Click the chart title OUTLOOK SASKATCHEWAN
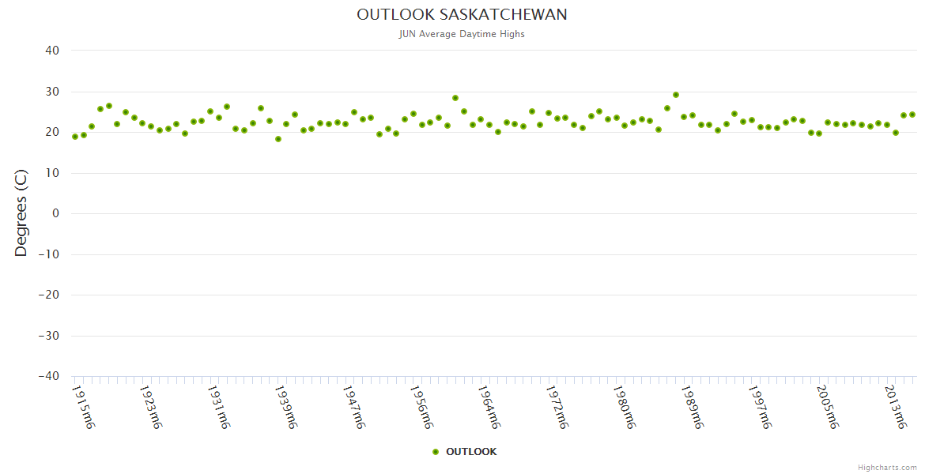pyautogui.click(x=462, y=15)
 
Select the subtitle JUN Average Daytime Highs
pyautogui.click(x=462, y=34)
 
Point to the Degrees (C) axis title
pyautogui.click(x=21, y=213)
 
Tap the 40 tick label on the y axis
pyautogui.click(x=52, y=51)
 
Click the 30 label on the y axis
pyautogui.click(x=52, y=92)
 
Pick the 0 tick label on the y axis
pyautogui.click(x=56, y=213)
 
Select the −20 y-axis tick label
pyautogui.click(x=48, y=295)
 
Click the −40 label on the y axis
pyautogui.click(x=48, y=376)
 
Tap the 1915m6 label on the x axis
pyautogui.click(x=84, y=406)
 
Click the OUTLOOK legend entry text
pyautogui.click(x=471, y=452)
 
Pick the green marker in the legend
pyautogui.click(x=436, y=452)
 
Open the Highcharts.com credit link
pyautogui.click(x=887, y=467)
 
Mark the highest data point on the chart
pyautogui.click(x=676, y=95)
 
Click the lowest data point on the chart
pyautogui.click(x=278, y=139)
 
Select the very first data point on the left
pyautogui.click(x=75, y=137)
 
